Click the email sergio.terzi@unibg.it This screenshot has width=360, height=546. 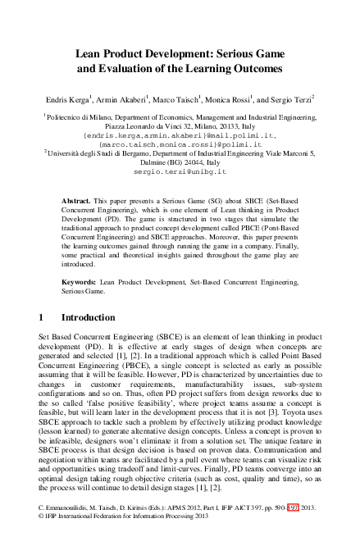coord(179,173)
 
